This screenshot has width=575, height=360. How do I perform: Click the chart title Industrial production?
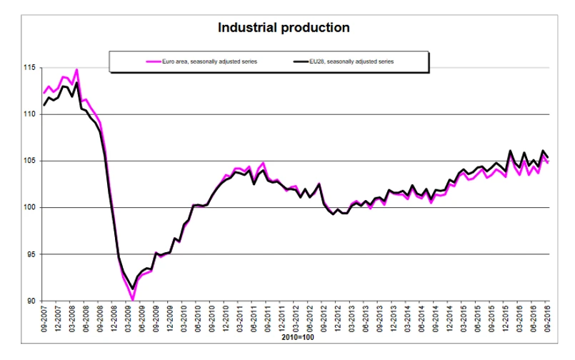pyautogui.click(x=284, y=29)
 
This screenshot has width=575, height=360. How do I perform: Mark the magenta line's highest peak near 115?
pyautogui.click(x=76, y=70)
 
